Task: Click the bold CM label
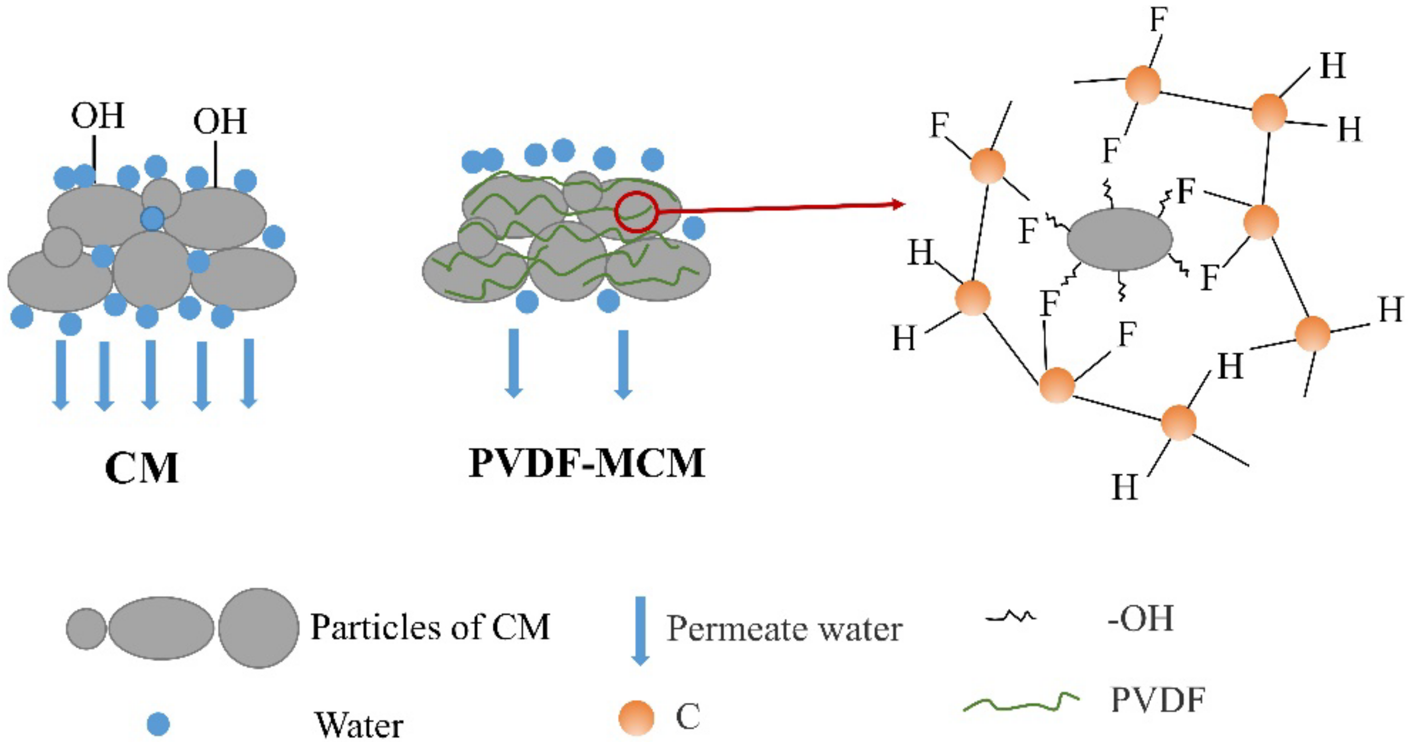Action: pyautogui.click(x=142, y=469)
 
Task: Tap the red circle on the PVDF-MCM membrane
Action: pyautogui.click(x=636, y=212)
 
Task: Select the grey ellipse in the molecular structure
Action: pyautogui.click(x=1119, y=239)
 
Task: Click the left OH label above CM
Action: pyautogui.click(x=98, y=116)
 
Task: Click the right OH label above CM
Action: pyautogui.click(x=220, y=121)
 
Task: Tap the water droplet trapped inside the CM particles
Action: pyautogui.click(x=152, y=219)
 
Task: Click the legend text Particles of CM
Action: pyautogui.click(x=430, y=627)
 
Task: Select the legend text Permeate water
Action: pyautogui.click(x=784, y=629)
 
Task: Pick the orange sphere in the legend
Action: pyautogui.click(x=637, y=717)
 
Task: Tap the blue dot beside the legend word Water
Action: pyautogui.click(x=159, y=724)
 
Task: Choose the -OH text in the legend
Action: pyautogui.click(x=1140, y=619)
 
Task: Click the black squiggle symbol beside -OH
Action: pyautogui.click(x=1011, y=617)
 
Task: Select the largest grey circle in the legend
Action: pyautogui.click(x=258, y=628)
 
